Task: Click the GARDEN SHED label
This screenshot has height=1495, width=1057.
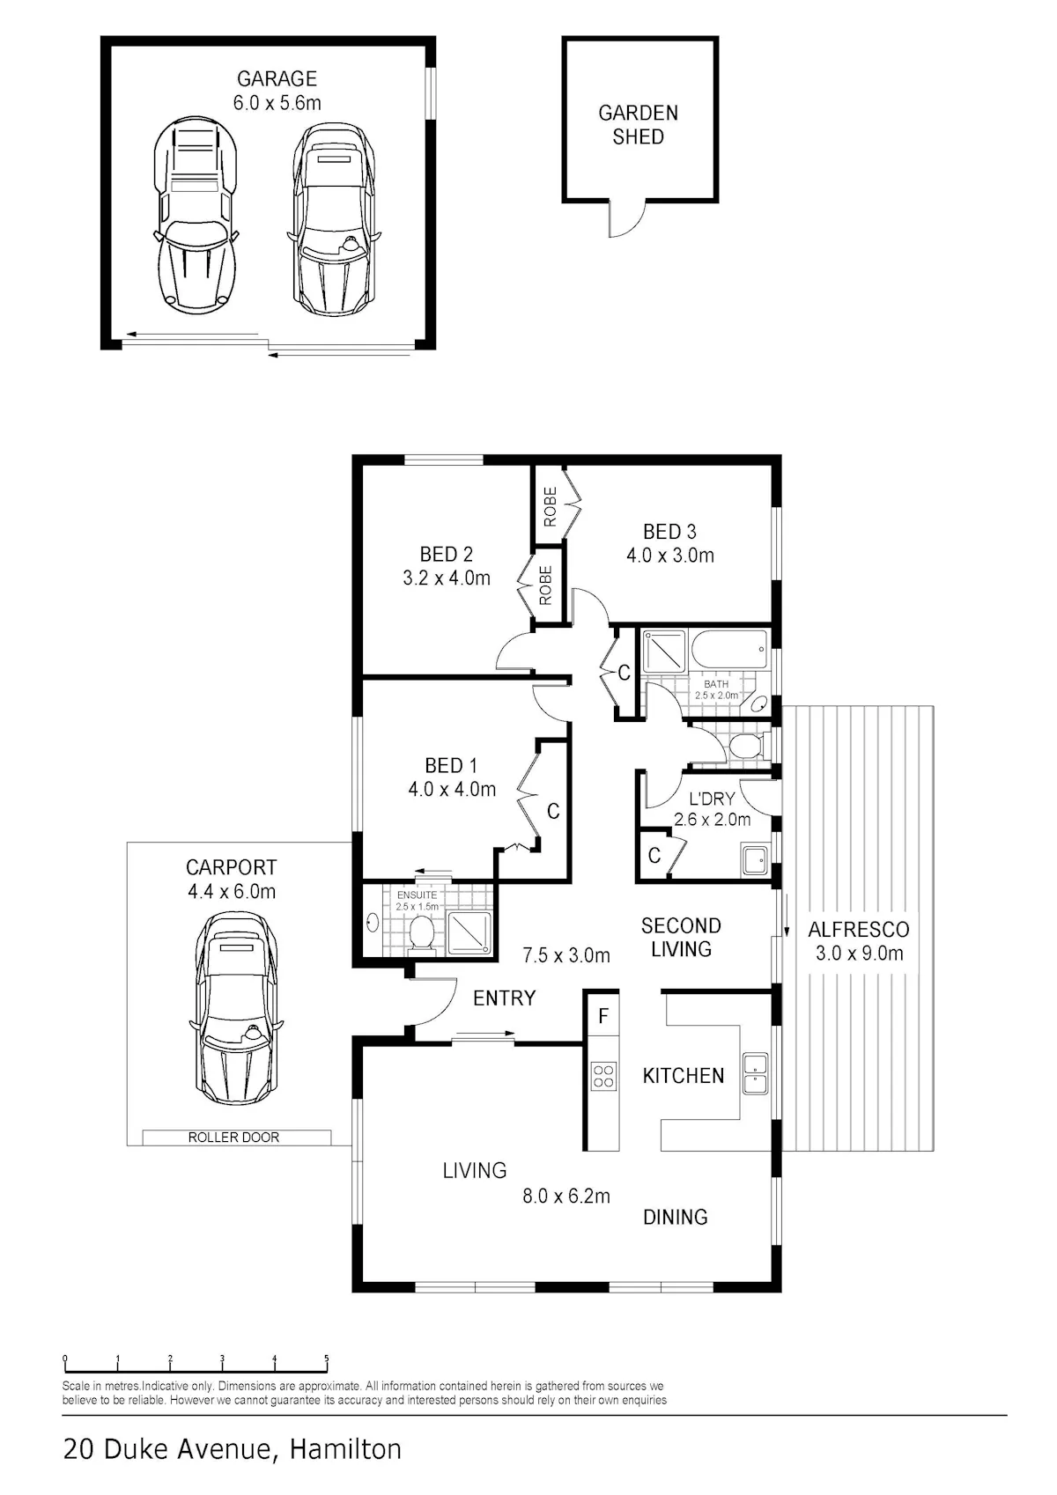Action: (x=638, y=125)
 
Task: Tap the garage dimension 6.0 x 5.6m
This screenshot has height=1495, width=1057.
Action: (x=277, y=103)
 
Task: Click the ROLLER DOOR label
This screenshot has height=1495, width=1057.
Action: (x=233, y=1138)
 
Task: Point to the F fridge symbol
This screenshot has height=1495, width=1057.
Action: (x=603, y=1016)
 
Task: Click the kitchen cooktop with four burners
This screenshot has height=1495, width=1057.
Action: (x=603, y=1076)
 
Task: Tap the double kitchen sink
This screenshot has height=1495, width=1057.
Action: (x=755, y=1074)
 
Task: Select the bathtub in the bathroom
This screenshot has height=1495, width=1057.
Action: (x=729, y=650)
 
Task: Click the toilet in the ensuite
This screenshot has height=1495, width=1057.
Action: (x=421, y=932)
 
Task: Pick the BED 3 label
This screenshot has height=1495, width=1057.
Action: (x=669, y=532)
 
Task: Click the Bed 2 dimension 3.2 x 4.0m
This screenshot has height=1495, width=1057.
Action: (x=447, y=578)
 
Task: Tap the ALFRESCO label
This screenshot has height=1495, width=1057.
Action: (x=859, y=929)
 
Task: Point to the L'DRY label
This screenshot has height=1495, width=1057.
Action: (x=712, y=799)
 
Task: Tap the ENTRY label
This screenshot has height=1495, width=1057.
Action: (x=504, y=998)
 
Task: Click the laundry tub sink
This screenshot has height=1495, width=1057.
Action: (x=756, y=859)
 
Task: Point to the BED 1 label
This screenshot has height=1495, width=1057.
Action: (x=451, y=765)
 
